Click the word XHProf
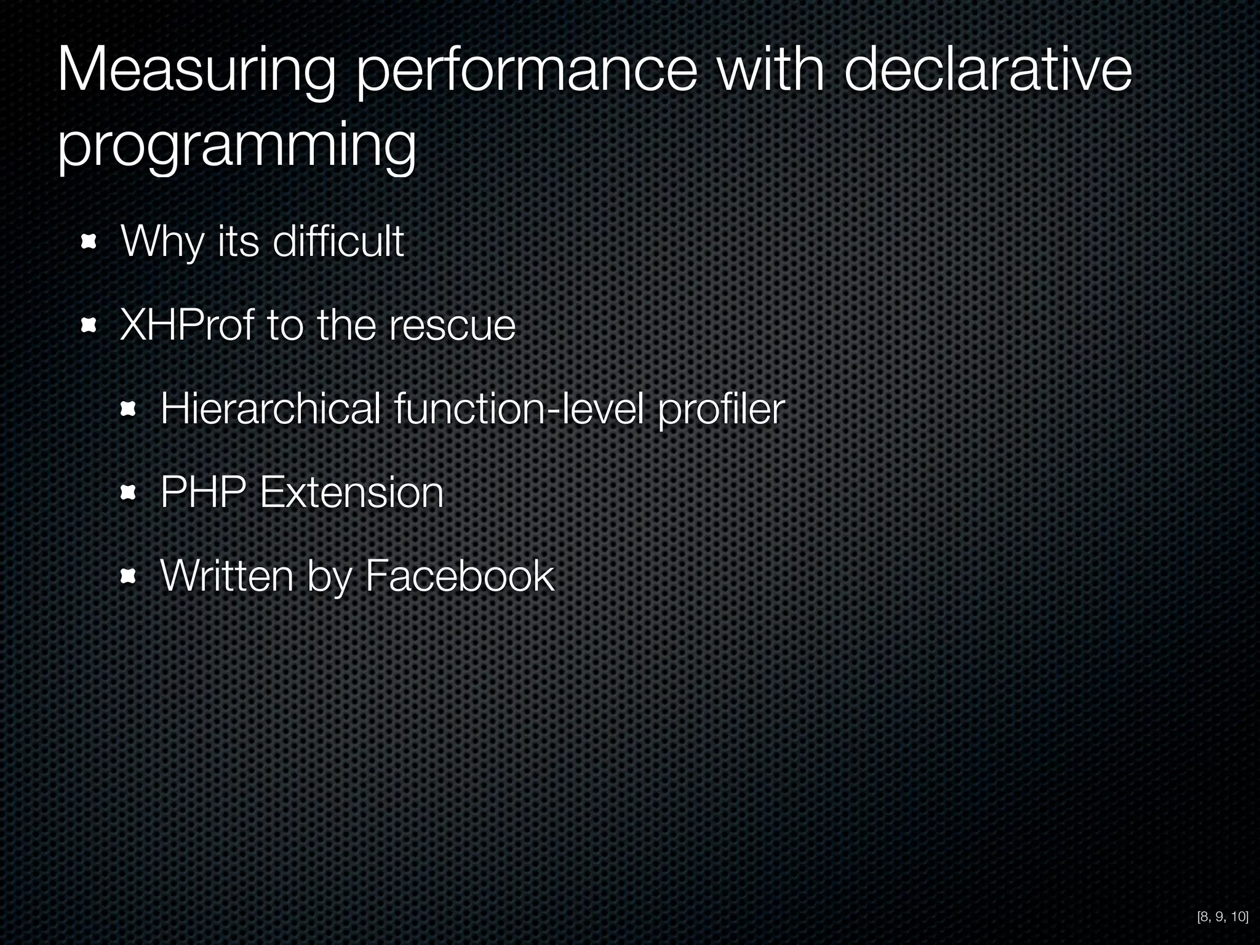pyautogui.click(x=186, y=325)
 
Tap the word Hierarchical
pyautogui.click(x=270, y=409)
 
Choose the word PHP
pyautogui.click(x=203, y=492)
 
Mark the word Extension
pyautogui.click(x=351, y=492)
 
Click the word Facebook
pyautogui.click(x=460, y=576)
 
